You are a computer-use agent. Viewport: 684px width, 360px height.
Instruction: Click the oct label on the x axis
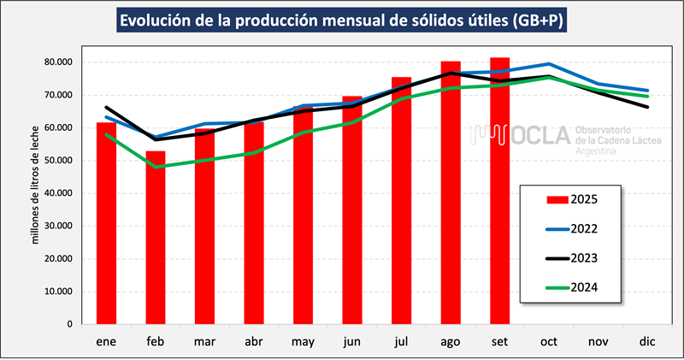pyautogui.click(x=549, y=340)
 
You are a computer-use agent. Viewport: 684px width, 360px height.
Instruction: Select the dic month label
pyautogui.click(x=647, y=340)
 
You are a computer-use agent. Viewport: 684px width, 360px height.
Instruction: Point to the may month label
pyautogui.click(x=303, y=340)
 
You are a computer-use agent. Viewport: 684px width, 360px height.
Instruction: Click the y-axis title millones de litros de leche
pyautogui.click(x=36, y=193)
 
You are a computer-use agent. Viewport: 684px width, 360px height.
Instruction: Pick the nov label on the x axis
pyautogui.click(x=598, y=340)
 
